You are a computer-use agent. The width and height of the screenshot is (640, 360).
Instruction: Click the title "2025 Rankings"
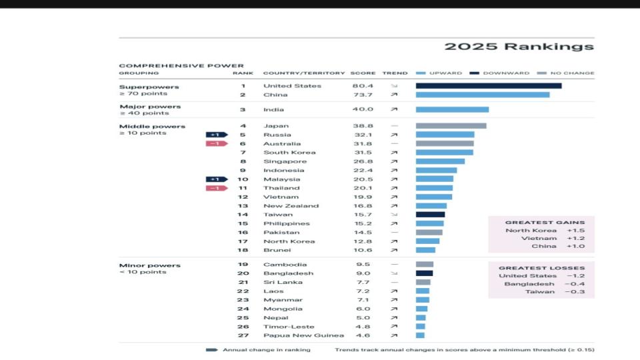click(x=519, y=47)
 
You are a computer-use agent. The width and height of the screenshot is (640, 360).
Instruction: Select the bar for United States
click(x=488, y=85)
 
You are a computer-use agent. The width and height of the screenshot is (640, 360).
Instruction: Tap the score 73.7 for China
click(x=362, y=95)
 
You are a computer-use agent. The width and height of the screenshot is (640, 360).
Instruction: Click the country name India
click(x=273, y=109)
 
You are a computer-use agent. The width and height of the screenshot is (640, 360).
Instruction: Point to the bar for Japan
click(x=451, y=125)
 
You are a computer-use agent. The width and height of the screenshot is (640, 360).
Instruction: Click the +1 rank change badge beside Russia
click(x=215, y=135)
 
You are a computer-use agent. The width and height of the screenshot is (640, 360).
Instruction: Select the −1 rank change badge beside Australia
click(x=215, y=143)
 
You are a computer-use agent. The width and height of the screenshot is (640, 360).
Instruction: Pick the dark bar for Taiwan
click(x=430, y=215)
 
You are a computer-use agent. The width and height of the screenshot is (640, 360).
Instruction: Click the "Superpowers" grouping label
click(x=139, y=87)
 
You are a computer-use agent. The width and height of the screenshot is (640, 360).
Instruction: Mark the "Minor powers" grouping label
click(x=140, y=265)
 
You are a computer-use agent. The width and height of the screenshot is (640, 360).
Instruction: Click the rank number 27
click(x=243, y=335)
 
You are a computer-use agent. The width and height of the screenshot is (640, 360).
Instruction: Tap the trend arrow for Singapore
click(x=394, y=161)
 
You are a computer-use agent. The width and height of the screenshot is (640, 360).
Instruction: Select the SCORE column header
click(x=363, y=73)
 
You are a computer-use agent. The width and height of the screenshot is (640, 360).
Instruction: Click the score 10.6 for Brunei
click(x=362, y=250)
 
